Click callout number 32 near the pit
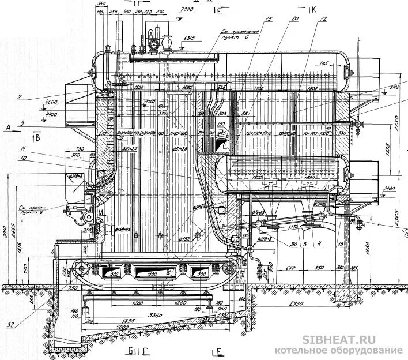tap(10, 325)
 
